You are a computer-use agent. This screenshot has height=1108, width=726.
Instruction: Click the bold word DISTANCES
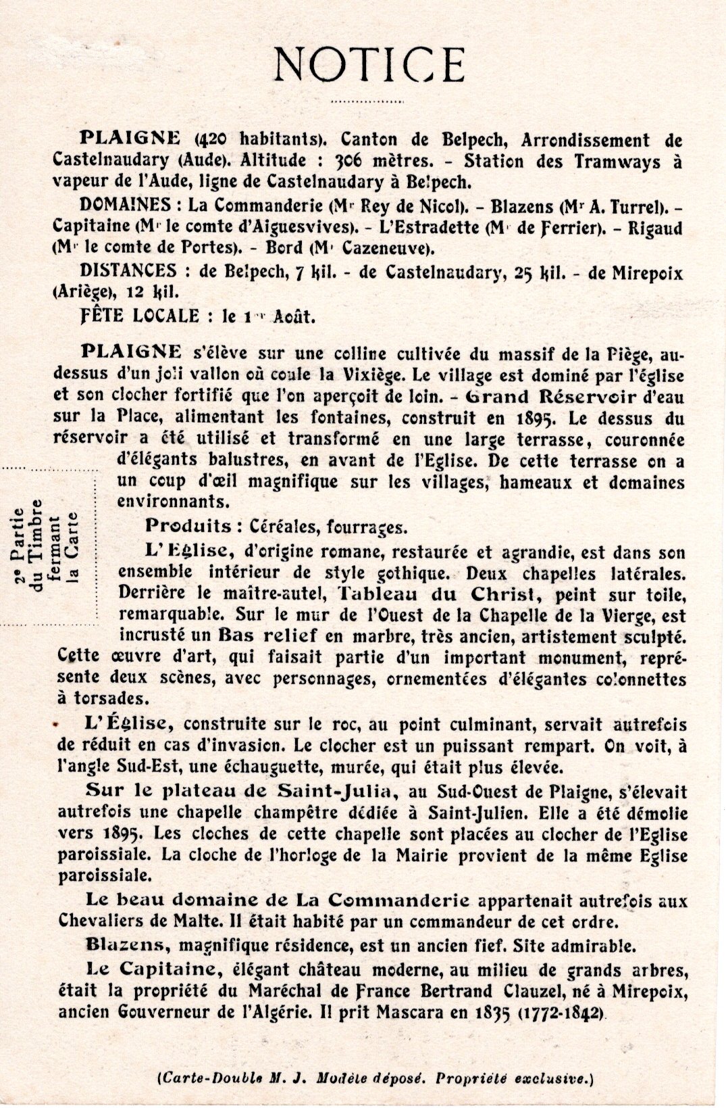click(128, 271)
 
